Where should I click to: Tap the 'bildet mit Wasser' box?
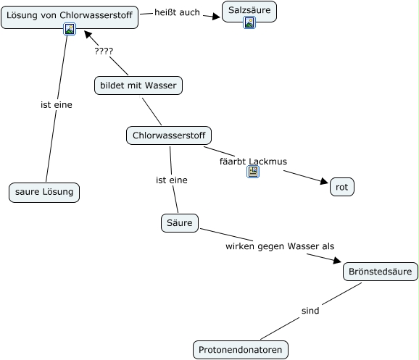138,85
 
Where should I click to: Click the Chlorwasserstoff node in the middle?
169,135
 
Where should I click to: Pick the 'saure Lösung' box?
44,192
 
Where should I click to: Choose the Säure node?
180,223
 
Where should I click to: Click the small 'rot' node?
342,187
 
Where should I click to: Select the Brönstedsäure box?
381,272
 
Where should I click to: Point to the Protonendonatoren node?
241,350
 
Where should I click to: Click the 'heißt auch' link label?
177,12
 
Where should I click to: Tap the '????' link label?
104,51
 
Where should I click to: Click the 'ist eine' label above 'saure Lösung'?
57,105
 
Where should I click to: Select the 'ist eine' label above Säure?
172,180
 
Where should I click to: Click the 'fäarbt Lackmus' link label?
253,162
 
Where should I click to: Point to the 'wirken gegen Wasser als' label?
280,246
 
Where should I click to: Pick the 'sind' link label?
310,311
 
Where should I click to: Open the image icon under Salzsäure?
249,22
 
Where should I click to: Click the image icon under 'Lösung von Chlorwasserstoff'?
70,29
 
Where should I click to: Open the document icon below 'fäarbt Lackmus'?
253,172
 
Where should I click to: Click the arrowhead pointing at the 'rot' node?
324,181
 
